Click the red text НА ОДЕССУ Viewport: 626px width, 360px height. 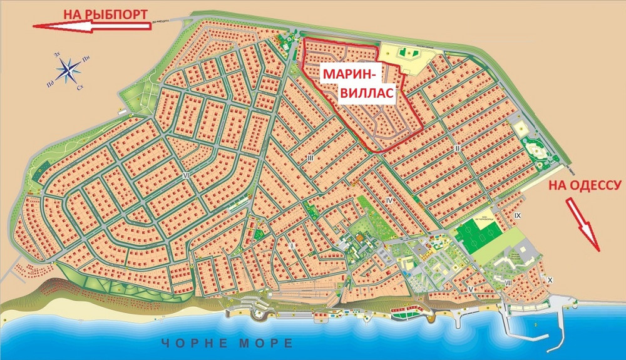click(x=585, y=185)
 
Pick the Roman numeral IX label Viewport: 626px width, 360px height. click(x=517, y=215)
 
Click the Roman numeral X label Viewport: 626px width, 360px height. click(x=550, y=280)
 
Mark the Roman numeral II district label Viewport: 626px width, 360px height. click(x=458, y=148)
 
